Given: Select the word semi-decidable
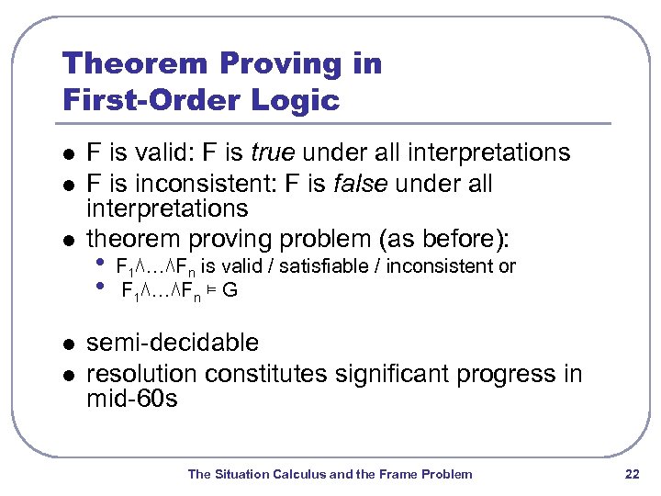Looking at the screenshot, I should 173,344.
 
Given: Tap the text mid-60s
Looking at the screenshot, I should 131,400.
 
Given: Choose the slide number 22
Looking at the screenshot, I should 631,474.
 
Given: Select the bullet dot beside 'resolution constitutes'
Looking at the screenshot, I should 65,376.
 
